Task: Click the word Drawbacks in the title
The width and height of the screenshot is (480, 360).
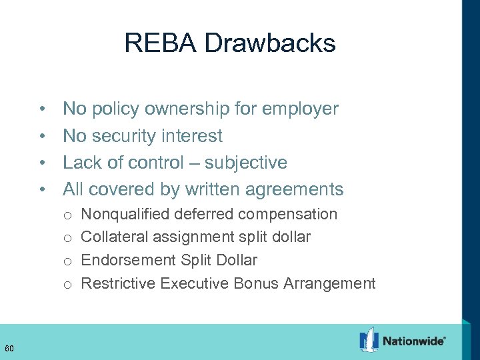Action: tap(270, 43)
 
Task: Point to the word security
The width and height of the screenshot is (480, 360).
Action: tap(123, 136)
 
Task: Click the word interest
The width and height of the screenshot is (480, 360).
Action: tap(193, 136)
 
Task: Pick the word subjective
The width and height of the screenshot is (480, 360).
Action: tap(246, 163)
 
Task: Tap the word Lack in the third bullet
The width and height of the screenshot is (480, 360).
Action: tap(81, 163)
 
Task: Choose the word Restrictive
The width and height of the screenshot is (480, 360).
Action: tap(114, 283)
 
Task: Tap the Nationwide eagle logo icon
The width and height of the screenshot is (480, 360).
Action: tap(369, 339)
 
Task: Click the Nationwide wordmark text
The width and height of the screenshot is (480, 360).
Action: tap(413, 341)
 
